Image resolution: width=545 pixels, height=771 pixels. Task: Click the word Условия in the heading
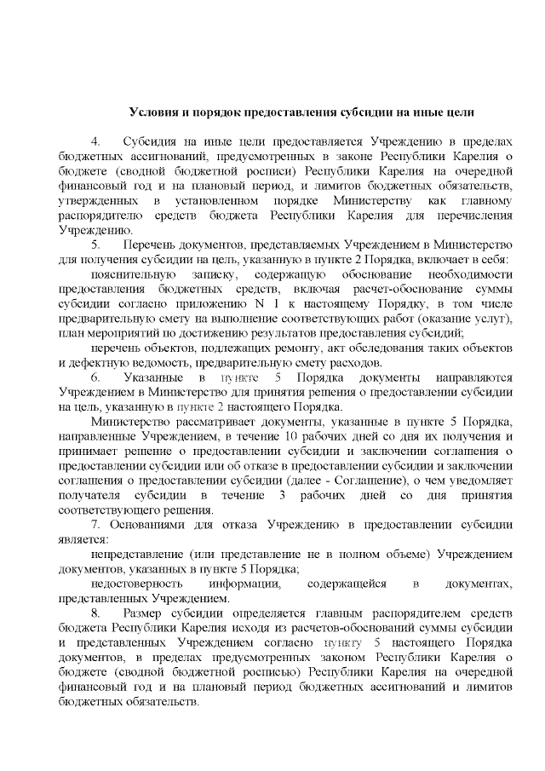152,112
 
